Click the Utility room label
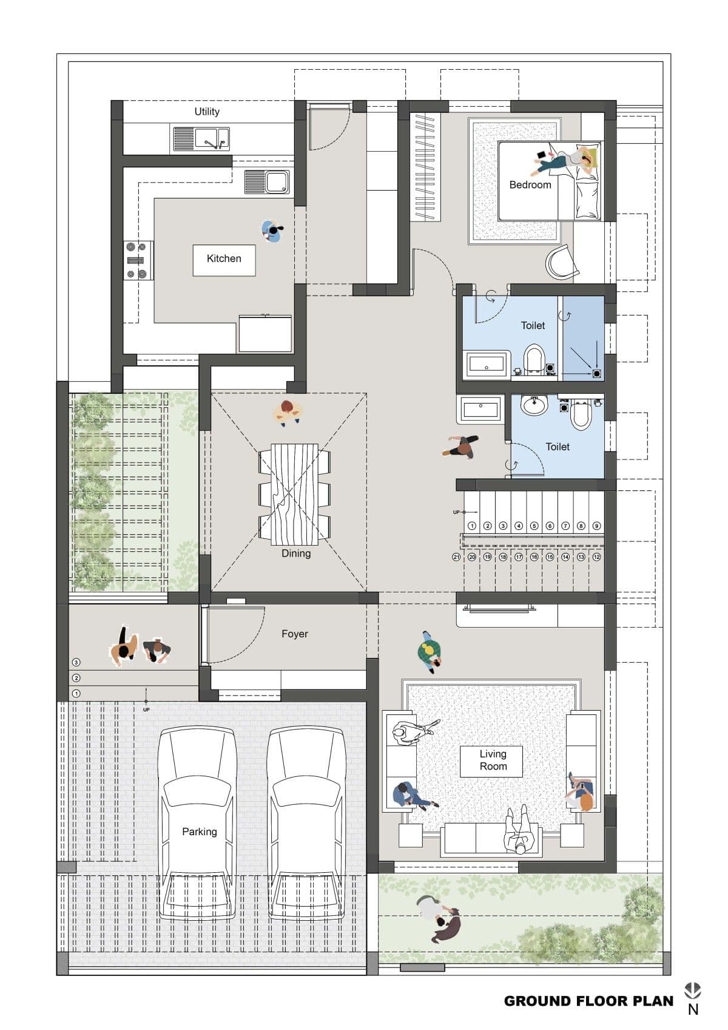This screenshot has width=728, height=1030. click(207, 112)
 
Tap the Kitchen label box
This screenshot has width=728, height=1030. click(224, 259)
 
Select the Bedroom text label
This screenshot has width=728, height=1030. click(530, 185)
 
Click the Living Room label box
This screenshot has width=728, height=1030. click(492, 761)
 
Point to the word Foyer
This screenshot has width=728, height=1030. click(295, 634)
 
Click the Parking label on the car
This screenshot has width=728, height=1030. click(199, 832)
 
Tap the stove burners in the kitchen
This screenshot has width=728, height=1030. click(138, 260)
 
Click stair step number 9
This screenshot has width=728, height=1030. click(596, 526)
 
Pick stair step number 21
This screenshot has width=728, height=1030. click(456, 557)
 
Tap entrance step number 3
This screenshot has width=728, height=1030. click(76, 662)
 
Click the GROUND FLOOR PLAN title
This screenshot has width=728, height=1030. click(588, 1001)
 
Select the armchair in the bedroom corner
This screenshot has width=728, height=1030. click(561, 263)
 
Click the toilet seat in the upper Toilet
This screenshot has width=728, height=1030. click(534, 359)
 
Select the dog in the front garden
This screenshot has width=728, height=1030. click(448, 928)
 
